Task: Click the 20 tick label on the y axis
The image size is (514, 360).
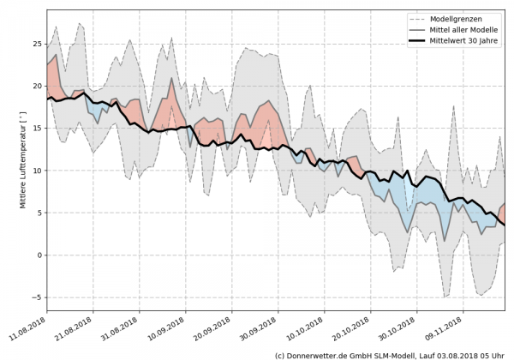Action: (36, 86)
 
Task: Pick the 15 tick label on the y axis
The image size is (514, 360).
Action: (36, 128)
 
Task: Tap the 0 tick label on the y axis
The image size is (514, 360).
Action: (39, 255)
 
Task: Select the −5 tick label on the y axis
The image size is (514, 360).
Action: (36, 297)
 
